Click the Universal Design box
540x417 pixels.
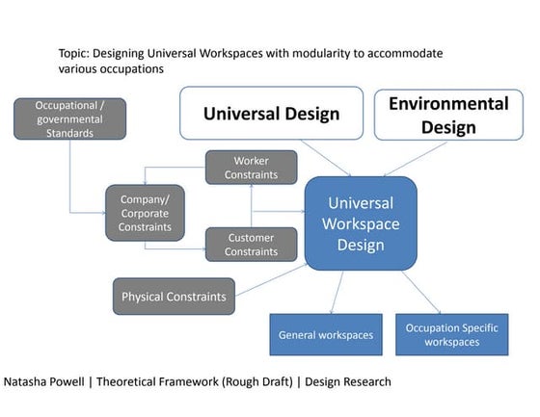pos(271,114)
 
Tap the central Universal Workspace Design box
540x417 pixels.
pos(361,223)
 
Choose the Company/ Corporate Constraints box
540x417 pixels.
pos(145,212)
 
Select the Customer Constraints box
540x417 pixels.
pos(251,245)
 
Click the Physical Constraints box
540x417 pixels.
pos(175,297)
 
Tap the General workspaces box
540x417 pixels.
pos(325,335)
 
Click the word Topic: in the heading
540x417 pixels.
pos(78,54)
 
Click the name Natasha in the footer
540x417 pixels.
pos(30,382)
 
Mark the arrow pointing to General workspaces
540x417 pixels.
pos(337,292)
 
